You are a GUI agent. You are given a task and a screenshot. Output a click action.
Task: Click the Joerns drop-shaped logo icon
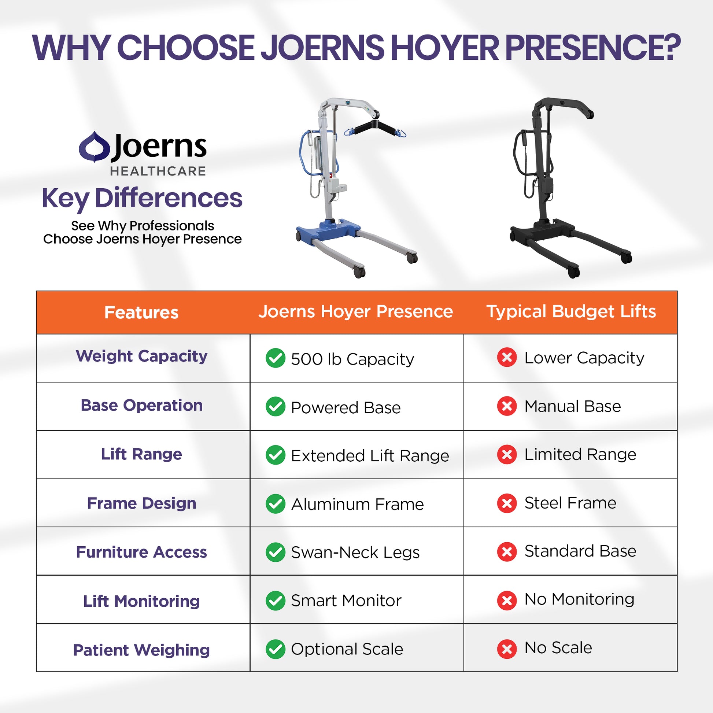pos(94,147)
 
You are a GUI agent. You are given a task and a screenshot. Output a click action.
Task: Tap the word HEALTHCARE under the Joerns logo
pos(158,171)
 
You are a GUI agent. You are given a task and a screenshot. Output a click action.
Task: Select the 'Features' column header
pos(141,313)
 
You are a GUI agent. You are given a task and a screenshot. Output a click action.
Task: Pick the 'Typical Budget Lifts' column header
pos(571,312)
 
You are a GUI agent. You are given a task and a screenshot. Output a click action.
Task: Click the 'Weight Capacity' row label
pos(141,356)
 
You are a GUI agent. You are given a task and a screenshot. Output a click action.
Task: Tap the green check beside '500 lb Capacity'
pos(275,358)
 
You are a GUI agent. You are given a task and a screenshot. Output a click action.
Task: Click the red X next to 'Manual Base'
pos(507,406)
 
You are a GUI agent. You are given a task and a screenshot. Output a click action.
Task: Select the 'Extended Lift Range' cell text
pos(370,456)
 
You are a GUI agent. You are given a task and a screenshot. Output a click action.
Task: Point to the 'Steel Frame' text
pos(570,503)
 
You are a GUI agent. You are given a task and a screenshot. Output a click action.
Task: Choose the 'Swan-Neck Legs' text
pos(355,553)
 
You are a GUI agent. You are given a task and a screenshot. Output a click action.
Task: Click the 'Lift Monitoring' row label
pos(141,602)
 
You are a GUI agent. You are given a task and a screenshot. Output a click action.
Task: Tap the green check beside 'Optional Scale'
pos(275,649)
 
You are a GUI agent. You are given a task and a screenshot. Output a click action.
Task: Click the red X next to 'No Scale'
pos(507,649)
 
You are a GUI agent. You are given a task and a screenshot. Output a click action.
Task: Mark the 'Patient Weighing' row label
pos(141,650)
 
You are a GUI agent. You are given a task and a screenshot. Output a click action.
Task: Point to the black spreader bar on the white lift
pos(374,128)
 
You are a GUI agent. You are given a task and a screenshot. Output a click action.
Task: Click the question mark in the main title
pos(670,48)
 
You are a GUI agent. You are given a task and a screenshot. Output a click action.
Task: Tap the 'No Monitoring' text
pos(579,599)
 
